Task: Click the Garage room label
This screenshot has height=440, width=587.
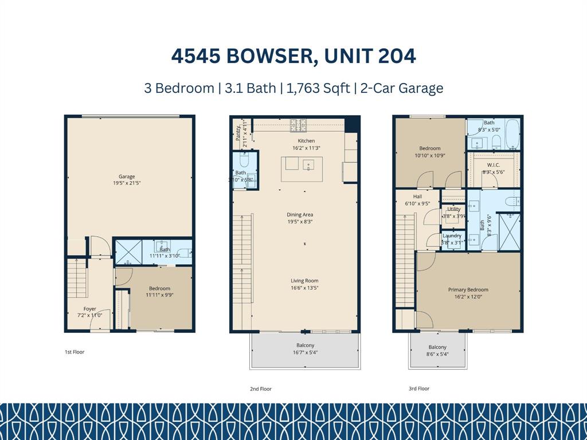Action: [x=127, y=176]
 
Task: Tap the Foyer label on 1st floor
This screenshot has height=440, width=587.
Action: [x=90, y=309]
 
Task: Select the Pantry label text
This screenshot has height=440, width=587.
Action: [x=238, y=134]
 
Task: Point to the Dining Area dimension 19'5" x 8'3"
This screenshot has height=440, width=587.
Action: [x=300, y=222]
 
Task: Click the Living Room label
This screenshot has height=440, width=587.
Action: [x=304, y=281]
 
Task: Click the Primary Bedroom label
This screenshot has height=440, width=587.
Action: [x=468, y=290]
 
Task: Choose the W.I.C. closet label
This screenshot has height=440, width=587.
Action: [x=493, y=164]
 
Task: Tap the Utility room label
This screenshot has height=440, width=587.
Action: [x=453, y=209]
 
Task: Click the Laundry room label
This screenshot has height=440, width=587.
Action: [x=452, y=235]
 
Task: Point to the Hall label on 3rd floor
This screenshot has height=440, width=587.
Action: [x=417, y=197]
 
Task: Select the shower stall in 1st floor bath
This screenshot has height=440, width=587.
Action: [x=128, y=252]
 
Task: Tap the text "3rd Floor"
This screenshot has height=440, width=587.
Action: [x=419, y=388]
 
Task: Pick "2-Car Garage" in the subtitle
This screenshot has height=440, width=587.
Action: [x=402, y=88]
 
